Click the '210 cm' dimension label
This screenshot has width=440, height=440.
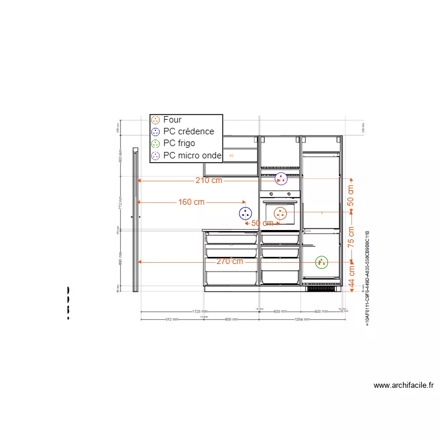coord(209,180)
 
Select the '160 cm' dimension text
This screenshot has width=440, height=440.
coord(191,202)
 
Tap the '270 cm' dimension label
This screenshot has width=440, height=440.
coord(229,261)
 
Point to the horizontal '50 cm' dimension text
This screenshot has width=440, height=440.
coord(262,223)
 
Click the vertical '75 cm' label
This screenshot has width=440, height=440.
coord(351,238)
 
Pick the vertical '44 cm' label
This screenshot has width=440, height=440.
coord(351,277)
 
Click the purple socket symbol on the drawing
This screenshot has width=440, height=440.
coord(282,178)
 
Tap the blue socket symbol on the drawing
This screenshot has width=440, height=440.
coord(245,214)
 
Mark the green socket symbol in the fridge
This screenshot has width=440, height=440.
coord(321,262)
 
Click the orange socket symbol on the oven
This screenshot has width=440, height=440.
coord(280,214)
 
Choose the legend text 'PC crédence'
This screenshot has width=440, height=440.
coord(188,131)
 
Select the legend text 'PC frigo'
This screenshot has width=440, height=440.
coord(179,143)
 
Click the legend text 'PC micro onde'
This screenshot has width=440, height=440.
coord(192,155)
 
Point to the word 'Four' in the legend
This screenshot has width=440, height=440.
coord(172,120)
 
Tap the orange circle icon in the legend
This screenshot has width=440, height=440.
coord(155,120)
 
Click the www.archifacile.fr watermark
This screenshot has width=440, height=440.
coord(404,385)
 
